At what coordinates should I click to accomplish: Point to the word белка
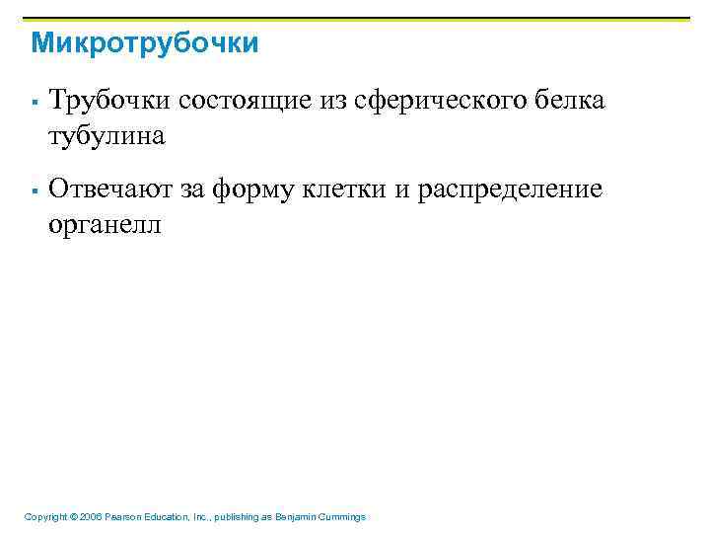[571, 101]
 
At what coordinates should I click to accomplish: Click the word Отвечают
[109, 189]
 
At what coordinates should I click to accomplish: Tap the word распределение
[510, 189]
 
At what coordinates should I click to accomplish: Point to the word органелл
[106, 224]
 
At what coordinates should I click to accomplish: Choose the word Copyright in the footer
[45, 517]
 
